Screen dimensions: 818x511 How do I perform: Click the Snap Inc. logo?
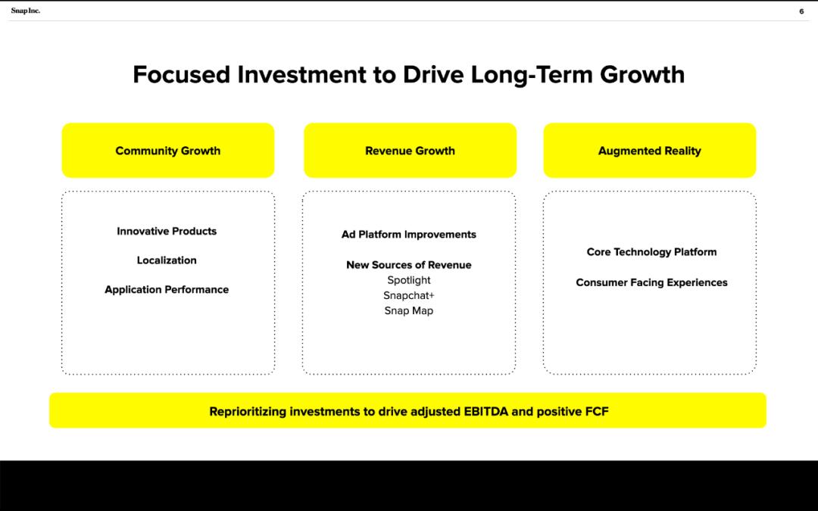(25, 11)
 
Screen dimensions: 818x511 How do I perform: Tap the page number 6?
(801, 11)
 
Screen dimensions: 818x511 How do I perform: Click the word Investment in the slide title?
(301, 74)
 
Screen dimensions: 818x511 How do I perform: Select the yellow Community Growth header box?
(168, 150)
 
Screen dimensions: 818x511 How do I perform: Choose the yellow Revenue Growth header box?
(410, 150)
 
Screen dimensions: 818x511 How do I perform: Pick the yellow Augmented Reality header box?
(650, 150)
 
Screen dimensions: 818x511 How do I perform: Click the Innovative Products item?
(167, 231)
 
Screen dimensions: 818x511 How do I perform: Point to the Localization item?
(167, 260)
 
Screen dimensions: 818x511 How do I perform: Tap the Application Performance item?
(167, 289)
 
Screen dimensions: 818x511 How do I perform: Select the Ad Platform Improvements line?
(408, 235)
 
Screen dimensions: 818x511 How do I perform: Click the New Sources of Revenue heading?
(408, 265)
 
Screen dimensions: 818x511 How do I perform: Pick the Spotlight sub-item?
(408, 281)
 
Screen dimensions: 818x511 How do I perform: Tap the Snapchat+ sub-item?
(408, 296)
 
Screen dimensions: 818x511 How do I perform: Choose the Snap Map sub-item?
(408, 311)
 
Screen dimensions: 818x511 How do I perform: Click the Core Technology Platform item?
(651, 252)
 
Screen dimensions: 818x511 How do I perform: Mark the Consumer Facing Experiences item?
(651, 282)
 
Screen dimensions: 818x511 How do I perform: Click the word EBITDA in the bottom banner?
(485, 411)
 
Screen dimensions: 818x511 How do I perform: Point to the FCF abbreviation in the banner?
(597, 411)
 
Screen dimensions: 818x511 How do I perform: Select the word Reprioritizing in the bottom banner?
(248, 412)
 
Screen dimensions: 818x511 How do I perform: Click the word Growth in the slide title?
(642, 74)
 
